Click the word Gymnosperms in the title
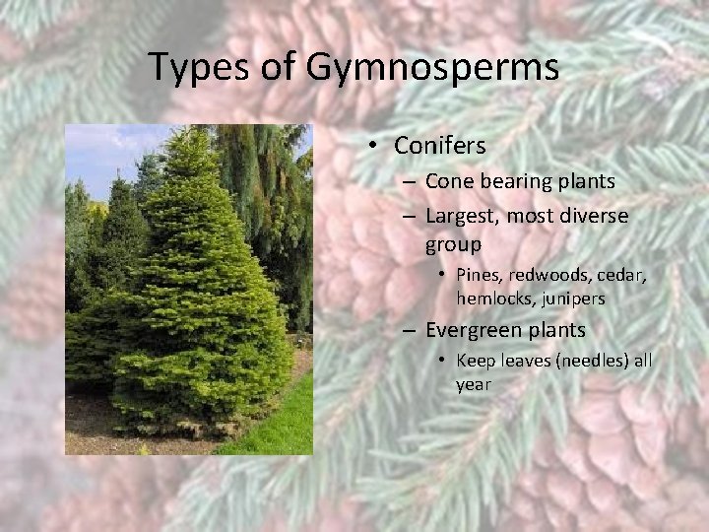[432, 68]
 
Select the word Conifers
[439, 146]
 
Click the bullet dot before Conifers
[375, 146]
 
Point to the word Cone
[447, 181]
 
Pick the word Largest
[460, 216]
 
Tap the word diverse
[594, 216]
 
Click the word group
[453, 244]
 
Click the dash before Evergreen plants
[408, 330]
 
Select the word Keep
[476, 361]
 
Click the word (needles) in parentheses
[594, 361]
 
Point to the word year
[473, 384]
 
